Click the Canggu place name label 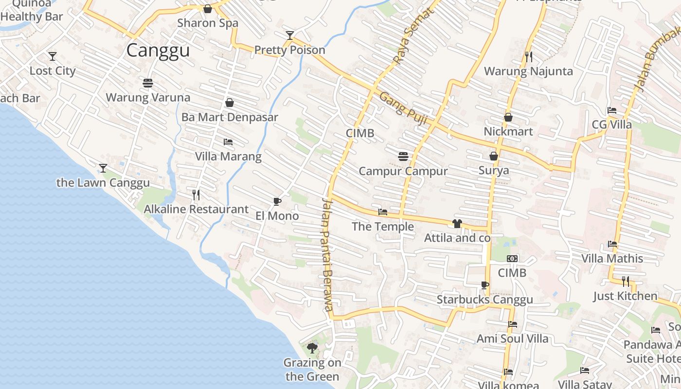(x=158, y=51)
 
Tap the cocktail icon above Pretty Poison (x=290, y=35)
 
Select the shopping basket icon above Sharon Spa (x=208, y=9)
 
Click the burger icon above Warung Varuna (x=148, y=83)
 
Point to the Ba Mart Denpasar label (x=230, y=117)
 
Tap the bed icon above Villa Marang (x=228, y=142)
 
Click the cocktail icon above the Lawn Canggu (x=103, y=168)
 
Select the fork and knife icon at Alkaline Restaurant (x=196, y=195)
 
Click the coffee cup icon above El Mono (x=277, y=201)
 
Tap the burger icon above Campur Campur (x=403, y=157)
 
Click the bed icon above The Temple (x=383, y=212)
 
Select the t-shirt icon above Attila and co (x=457, y=224)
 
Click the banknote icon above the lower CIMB (x=512, y=259)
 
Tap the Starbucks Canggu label (x=484, y=300)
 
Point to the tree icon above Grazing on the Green (x=312, y=348)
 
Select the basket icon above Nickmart (x=508, y=117)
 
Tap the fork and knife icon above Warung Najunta (x=529, y=57)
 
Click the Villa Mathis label (x=612, y=258)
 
